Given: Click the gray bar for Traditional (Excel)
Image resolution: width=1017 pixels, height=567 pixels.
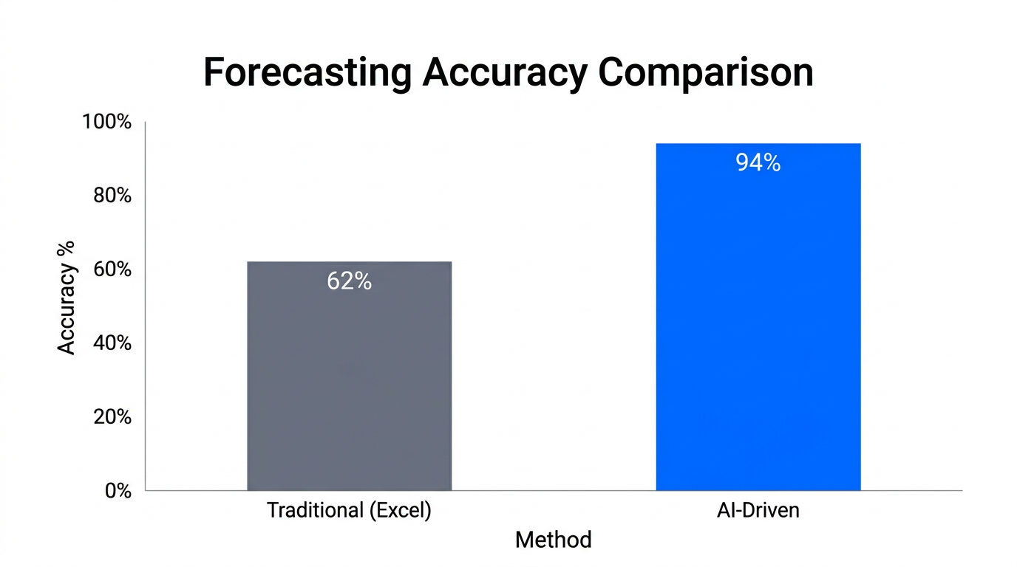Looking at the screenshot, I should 349,384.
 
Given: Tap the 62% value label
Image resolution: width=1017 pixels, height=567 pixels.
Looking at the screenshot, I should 349,281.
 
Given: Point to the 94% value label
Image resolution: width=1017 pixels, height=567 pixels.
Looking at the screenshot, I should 758,163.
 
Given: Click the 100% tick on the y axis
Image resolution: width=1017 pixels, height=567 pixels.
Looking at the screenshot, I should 107,122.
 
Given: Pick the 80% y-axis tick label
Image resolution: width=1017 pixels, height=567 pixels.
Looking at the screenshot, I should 111,196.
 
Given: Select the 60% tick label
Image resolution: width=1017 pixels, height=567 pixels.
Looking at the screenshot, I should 111,269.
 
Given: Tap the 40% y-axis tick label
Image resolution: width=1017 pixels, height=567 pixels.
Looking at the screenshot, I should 111,343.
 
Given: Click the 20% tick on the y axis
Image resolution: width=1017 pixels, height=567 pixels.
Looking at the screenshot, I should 111,417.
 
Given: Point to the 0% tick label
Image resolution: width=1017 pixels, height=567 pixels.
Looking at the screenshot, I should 117,491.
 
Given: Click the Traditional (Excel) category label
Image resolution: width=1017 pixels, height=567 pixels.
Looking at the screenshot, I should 349,510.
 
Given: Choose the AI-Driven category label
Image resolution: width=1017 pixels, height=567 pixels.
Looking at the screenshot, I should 758,510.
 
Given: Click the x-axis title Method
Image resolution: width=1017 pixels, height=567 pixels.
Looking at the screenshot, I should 553,540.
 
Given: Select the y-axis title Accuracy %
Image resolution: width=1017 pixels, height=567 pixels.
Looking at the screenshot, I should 67,298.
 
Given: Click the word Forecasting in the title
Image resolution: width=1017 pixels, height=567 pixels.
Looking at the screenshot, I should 307,73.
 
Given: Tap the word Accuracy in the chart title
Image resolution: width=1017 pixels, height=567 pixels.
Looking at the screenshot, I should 505,73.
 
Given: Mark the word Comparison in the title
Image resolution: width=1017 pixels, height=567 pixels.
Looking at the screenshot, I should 705,73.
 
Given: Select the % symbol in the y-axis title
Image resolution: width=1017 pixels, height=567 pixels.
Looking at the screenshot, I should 67,249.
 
